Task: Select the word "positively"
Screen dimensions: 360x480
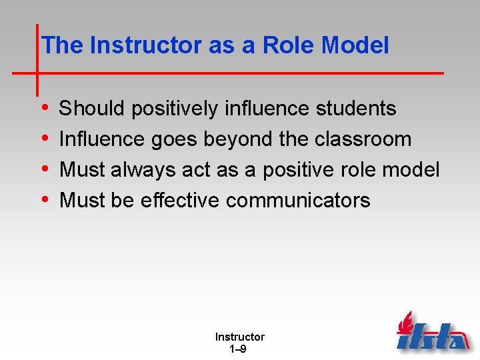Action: (x=175, y=108)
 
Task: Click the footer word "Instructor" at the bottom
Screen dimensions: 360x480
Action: (x=239, y=337)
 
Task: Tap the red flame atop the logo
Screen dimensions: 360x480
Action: (x=405, y=322)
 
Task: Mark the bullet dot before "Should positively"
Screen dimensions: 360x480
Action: (x=44, y=108)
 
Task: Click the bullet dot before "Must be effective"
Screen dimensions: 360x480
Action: (x=44, y=200)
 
